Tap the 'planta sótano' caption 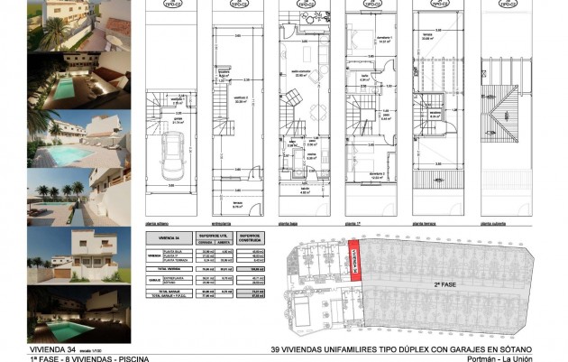pyautogui.click(x=160, y=221)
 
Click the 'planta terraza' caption pyautogui.click(x=425, y=221)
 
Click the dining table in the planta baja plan pyautogui.click(x=320, y=116)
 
